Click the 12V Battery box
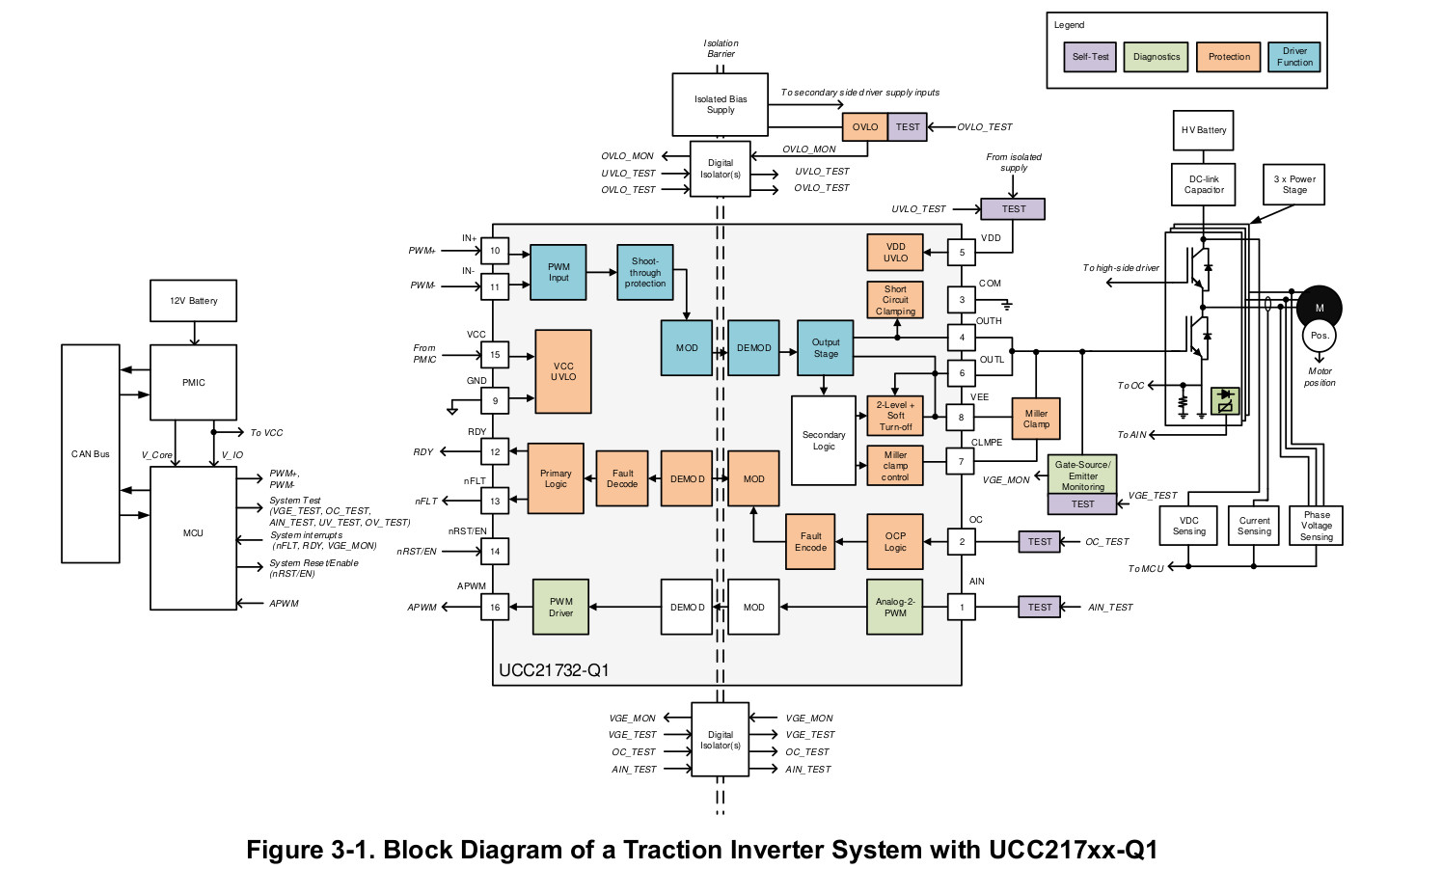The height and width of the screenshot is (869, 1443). tap(194, 301)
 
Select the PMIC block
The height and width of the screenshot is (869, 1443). tap(194, 383)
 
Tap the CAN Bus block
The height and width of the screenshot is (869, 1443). tap(91, 453)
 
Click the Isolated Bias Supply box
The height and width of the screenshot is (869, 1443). tap(721, 104)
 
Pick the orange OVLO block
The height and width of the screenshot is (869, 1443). tap(865, 127)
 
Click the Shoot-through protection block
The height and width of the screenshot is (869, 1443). tap(645, 272)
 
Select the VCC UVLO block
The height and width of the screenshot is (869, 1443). tap(563, 371)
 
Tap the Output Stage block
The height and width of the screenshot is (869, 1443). tap(826, 348)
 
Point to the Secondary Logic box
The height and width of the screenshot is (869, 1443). tap(824, 441)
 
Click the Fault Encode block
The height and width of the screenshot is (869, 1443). tap(810, 542)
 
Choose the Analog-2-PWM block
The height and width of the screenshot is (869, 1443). tap(895, 607)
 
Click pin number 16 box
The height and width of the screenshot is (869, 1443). tap(495, 608)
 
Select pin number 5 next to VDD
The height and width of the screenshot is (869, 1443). tap(962, 253)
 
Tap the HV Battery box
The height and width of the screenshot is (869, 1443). tap(1204, 130)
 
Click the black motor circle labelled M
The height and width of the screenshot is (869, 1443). tap(1319, 307)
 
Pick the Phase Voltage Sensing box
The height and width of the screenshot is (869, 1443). tap(1316, 526)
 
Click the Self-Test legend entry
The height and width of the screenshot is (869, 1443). tap(1091, 57)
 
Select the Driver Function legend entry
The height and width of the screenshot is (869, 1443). tap(1294, 57)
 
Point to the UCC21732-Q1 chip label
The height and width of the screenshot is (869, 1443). tap(554, 670)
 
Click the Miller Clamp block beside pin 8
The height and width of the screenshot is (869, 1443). tap(1036, 419)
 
